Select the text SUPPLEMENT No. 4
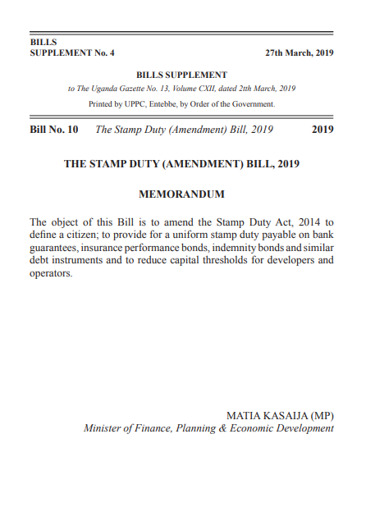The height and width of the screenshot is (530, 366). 72,53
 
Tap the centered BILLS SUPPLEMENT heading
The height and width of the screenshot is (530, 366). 182,75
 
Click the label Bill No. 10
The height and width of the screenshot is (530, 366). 54,130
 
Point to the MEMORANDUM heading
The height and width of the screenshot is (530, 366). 182,194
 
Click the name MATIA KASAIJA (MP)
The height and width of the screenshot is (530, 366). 280,415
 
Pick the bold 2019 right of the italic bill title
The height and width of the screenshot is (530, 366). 323,130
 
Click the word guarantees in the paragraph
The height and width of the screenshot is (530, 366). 52,248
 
